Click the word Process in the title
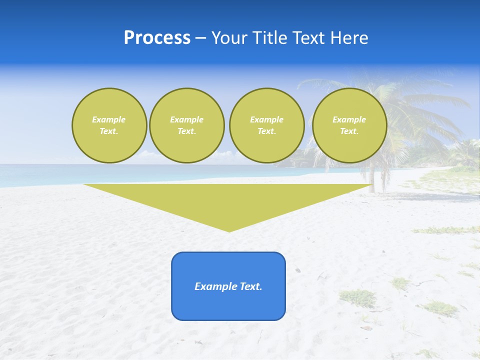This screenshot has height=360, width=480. click(157, 38)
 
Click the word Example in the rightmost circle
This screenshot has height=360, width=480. click(349, 119)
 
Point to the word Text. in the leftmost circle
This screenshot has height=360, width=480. click(109, 131)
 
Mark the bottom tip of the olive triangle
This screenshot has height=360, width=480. click(229, 230)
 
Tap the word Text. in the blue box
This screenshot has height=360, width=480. click(250, 286)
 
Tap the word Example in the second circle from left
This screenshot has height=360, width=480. click(186, 119)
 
